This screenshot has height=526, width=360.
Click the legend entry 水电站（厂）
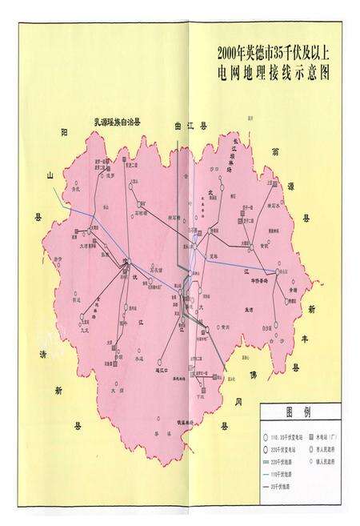326,436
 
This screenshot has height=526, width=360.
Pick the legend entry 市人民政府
326,448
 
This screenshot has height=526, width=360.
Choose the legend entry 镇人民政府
326,460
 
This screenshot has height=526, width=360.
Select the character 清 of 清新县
42,355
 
